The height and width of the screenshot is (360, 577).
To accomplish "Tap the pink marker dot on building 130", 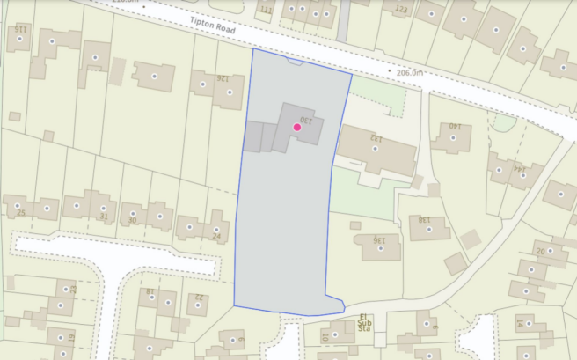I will pyautogui.click(x=297, y=128).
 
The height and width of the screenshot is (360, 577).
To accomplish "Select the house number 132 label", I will pyautogui.click(x=376, y=138).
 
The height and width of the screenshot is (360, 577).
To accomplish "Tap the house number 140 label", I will pyautogui.click(x=455, y=125).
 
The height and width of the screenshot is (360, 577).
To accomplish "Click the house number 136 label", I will pyautogui.click(x=380, y=239).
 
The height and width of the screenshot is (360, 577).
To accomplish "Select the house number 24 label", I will pyautogui.click(x=217, y=236).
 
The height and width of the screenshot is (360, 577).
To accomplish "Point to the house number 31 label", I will pyautogui.click(x=104, y=217).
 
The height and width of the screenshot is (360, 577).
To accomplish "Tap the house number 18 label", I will pyautogui.click(x=150, y=290).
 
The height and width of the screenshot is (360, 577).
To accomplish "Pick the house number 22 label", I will pyautogui.click(x=199, y=297).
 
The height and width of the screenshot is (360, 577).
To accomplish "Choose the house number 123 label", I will pyautogui.click(x=403, y=10).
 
